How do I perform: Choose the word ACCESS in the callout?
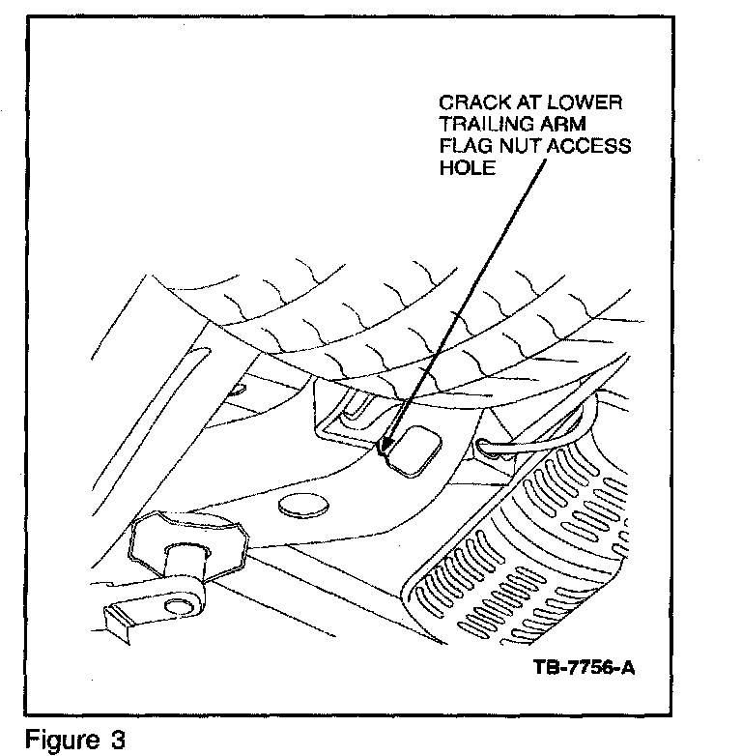coord(591,146)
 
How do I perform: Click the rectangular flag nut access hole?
coord(415,451)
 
